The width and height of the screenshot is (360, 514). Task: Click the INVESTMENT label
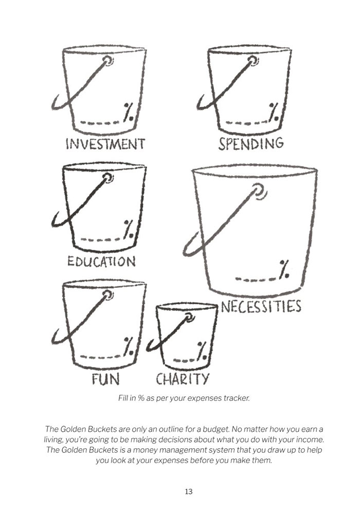105,144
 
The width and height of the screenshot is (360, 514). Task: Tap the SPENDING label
251,143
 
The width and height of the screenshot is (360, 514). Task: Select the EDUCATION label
102,261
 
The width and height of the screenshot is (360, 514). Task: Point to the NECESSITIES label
261,307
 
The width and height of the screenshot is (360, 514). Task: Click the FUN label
105,379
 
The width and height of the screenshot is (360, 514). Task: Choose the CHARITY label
182,379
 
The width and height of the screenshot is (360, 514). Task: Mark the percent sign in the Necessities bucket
284,269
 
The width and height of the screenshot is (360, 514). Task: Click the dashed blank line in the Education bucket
100,240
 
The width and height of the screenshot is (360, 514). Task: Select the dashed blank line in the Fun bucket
100,357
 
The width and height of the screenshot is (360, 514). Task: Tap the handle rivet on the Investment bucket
107,60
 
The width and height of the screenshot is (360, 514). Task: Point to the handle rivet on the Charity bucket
189,317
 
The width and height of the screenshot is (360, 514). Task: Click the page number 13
189,491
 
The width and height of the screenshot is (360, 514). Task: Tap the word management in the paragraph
171,449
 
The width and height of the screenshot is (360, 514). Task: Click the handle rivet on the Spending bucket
253,60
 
